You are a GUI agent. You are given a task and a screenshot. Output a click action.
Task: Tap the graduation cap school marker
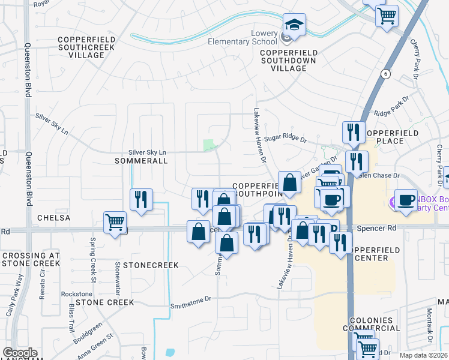[x=294, y=26]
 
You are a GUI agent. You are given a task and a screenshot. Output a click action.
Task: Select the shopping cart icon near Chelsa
[x=115, y=223]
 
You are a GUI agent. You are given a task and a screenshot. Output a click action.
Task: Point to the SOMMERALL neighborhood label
[x=140, y=161]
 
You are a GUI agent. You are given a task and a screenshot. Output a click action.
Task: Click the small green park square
[x=209, y=145]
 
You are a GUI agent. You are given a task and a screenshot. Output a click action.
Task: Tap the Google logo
[x=20, y=353]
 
